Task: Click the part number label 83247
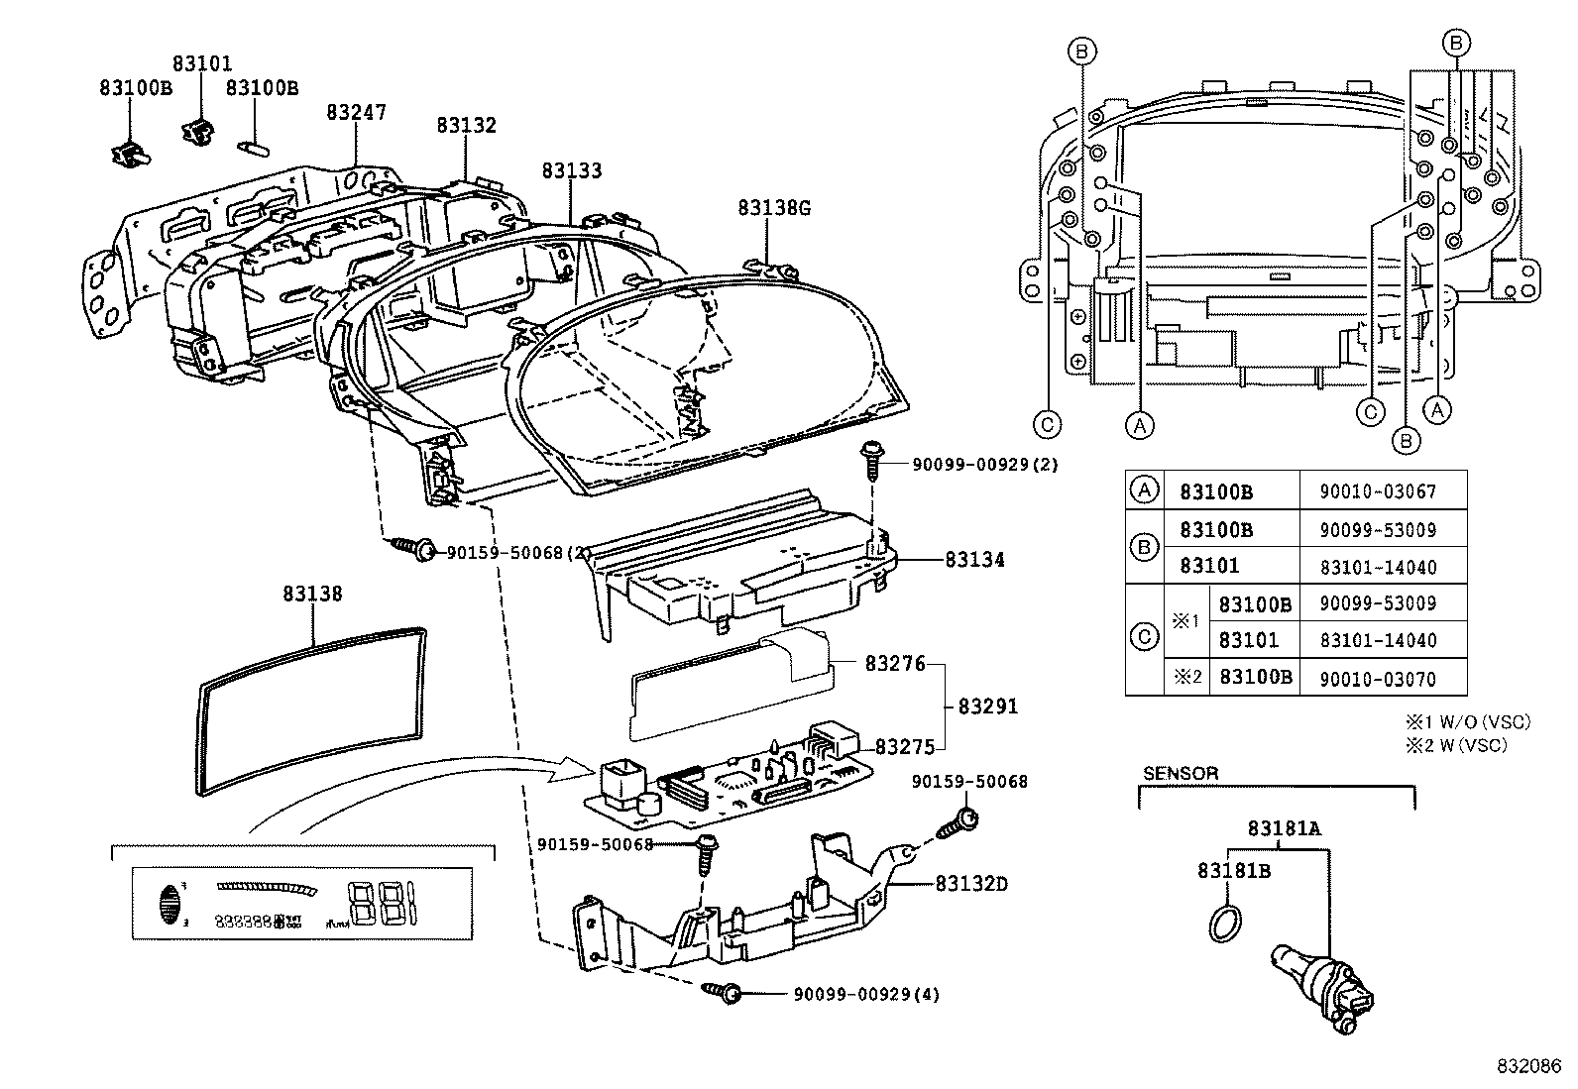tap(356, 113)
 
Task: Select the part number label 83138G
tap(773, 208)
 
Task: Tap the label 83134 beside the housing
tap(974, 560)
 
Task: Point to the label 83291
tap(987, 708)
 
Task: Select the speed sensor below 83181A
tap(1318, 985)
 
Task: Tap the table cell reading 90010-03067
tap(1378, 491)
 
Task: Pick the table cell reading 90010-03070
tap(1378, 678)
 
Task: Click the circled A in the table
tap(1144, 490)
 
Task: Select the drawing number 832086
tap(1527, 1067)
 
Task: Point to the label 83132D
tap(970, 883)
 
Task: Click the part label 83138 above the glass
tap(312, 594)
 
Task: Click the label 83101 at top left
tap(202, 64)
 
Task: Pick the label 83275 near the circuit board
tap(904, 745)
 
